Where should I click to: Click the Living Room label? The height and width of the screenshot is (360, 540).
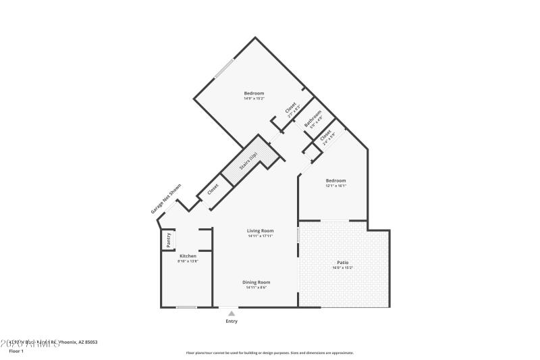(x=260, y=231)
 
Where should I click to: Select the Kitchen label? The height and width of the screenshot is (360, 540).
(x=188, y=256)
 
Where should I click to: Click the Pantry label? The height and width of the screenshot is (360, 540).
(x=169, y=240)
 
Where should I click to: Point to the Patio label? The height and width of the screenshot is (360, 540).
(x=343, y=262)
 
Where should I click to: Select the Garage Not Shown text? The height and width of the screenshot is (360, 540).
(x=166, y=199)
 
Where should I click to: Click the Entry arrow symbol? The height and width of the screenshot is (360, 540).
(x=232, y=313)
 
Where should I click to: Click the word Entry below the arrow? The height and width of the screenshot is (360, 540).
(x=232, y=322)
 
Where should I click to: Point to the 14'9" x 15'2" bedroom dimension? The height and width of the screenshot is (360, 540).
(x=254, y=99)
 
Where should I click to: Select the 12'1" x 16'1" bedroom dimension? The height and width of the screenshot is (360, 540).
(x=335, y=186)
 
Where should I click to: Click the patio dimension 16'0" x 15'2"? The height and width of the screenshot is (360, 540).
(x=343, y=267)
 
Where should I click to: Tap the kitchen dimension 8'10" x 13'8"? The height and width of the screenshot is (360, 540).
(x=188, y=261)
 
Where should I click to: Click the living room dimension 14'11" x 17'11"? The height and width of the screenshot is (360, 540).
(x=260, y=236)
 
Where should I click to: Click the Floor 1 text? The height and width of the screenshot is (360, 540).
(x=16, y=351)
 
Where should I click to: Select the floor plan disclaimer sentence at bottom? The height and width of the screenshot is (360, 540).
(x=269, y=353)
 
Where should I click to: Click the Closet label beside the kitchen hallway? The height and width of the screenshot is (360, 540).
(x=213, y=190)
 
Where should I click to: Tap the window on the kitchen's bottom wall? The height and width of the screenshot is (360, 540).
(x=186, y=307)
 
